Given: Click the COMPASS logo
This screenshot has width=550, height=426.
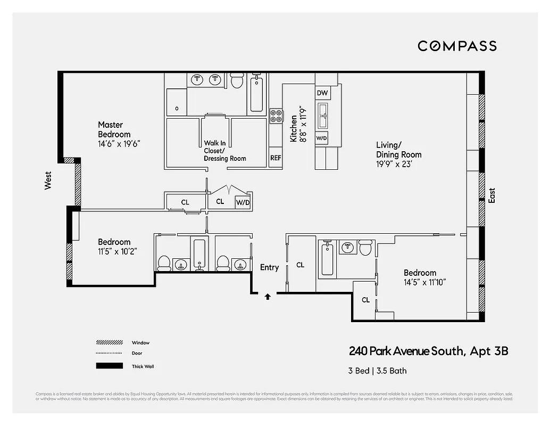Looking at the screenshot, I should [x=457, y=46].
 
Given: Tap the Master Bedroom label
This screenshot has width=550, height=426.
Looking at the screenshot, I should [x=114, y=129].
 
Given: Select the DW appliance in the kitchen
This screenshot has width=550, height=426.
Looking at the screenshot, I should [x=322, y=93].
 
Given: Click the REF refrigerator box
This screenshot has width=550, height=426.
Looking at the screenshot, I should [x=276, y=158].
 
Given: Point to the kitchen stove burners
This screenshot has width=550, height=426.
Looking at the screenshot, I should [x=276, y=116].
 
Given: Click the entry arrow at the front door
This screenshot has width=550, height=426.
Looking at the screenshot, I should [x=268, y=297].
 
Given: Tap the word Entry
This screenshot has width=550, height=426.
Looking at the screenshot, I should [x=269, y=267].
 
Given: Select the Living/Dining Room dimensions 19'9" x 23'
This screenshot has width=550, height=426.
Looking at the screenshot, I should [x=395, y=165].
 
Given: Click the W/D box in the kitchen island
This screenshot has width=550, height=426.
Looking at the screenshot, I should [x=322, y=138].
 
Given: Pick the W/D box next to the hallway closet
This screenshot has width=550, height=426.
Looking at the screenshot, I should [x=243, y=202].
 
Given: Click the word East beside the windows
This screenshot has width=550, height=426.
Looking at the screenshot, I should [x=491, y=195].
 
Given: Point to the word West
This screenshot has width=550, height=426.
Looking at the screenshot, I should [x=48, y=181].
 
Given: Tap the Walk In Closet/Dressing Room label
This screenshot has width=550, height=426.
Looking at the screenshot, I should [x=225, y=151].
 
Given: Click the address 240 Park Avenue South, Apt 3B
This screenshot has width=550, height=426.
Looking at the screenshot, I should [x=428, y=351].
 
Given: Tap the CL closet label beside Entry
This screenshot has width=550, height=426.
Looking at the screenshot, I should [x=301, y=265].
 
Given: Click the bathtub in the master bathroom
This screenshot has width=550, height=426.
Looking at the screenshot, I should [x=257, y=95].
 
